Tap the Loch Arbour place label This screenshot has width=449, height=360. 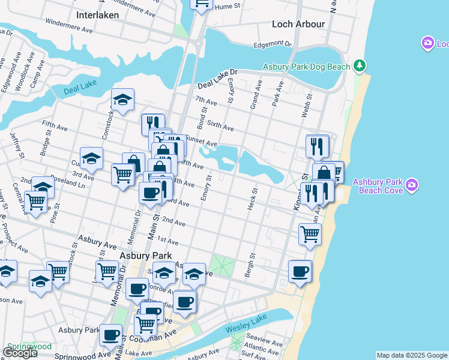click(x=298, y=24)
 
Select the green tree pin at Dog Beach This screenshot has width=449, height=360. click(x=360, y=64)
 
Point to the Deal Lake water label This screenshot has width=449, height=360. click(x=79, y=89)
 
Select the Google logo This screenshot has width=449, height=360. click(x=20, y=353)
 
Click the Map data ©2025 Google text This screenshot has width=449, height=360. click(x=412, y=355)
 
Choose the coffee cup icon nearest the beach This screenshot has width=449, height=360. click(x=300, y=271)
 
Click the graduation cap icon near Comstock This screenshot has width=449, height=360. click(x=122, y=99)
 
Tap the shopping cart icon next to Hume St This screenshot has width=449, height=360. click(x=202, y=4)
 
